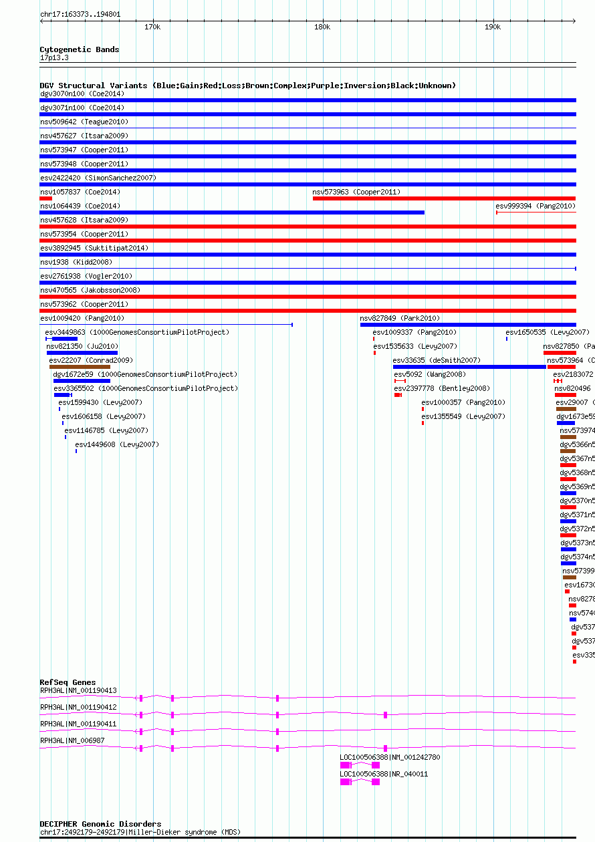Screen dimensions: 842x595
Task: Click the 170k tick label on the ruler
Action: [152, 27]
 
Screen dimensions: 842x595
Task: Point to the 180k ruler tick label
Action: [322, 27]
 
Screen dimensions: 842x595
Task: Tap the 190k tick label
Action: [493, 27]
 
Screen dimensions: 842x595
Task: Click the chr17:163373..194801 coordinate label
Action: [80, 14]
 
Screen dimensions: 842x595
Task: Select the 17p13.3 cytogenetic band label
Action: [54, 58]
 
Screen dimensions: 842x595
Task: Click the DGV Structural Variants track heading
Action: [247, 86]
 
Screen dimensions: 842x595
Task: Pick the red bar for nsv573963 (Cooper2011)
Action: [444, 198]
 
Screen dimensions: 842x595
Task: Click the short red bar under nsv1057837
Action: [45, 198]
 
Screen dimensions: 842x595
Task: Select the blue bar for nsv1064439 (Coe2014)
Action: [232, 213]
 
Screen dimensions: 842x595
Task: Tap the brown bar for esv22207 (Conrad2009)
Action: [80, 367]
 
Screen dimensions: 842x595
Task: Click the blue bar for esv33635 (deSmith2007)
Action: [469, 367]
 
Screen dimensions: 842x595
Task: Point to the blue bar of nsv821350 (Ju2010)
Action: [82, 353]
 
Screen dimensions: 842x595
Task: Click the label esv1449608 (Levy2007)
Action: [117, 444]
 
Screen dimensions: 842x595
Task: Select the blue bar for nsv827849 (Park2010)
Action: [468, 325]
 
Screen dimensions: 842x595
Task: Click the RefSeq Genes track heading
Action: [68, 682]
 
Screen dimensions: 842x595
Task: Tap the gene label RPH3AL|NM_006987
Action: [72, 740]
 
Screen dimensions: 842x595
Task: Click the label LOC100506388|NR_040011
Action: [384, 774]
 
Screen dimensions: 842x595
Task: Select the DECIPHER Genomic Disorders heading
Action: [100, 824]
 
